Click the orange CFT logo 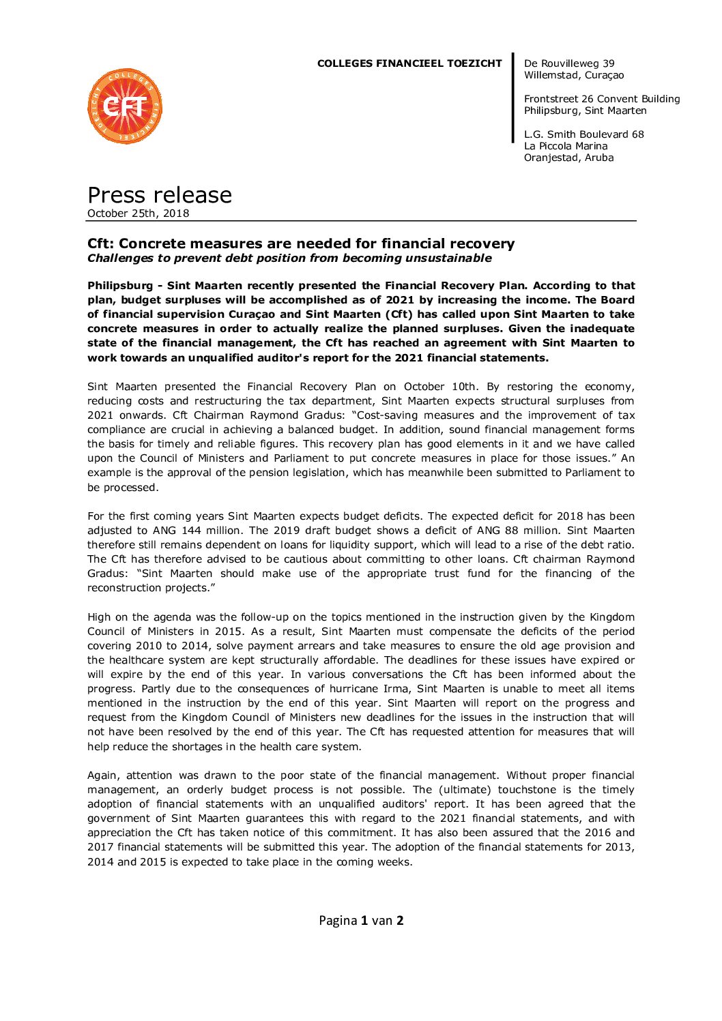[x=125, y=106]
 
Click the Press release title [x=160, y=195]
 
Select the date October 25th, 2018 [x=138, y=213]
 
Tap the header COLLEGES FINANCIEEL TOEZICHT [x=409, y=63]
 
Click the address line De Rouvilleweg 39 [x=568, y=63]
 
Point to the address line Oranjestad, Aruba [x=568, y=158]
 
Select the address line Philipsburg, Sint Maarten [x=585, y=110]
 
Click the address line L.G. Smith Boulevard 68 [x=583, y=134]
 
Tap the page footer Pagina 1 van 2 [x=361, y=920]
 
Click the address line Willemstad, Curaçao [x=573, y=75]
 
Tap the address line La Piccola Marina [x=565, y=146]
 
